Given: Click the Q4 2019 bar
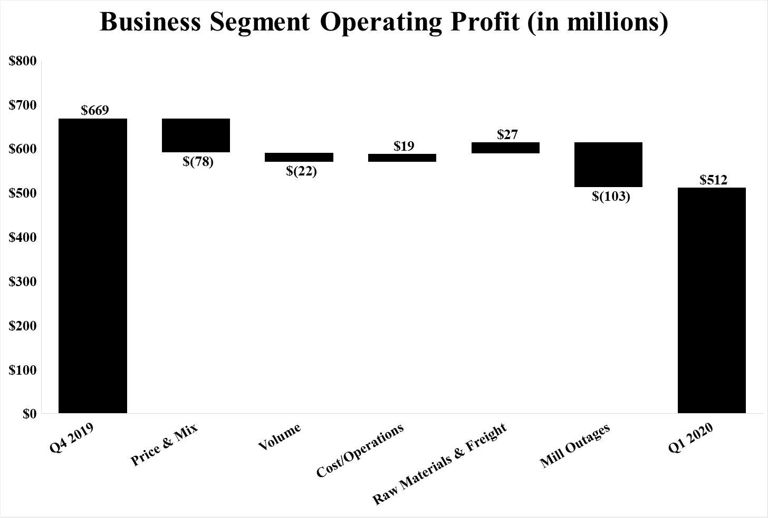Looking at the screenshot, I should [93, 266].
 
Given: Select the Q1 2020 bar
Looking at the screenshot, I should [712, 300].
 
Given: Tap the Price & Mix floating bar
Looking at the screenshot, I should [196, 135].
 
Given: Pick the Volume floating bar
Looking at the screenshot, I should [299, 157].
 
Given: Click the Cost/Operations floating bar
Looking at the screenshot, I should [402, 158].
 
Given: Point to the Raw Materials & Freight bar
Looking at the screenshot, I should [505, 148].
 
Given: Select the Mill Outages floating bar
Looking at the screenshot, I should [608, 164].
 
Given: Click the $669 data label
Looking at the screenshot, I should [95, 111].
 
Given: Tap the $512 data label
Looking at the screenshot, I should [713, 180].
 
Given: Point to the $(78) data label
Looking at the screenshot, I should [198, 161].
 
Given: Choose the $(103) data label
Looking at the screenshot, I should [611, 197].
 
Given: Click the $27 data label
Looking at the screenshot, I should [507, 134].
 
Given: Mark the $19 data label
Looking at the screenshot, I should [404, 146].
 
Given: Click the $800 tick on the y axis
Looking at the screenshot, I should [23, 61].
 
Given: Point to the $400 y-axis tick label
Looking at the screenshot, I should [23, 238].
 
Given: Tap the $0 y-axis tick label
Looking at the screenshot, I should [30, 414].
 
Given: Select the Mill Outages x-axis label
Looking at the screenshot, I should [575, 446].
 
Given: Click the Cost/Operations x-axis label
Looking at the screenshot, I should [360, 451].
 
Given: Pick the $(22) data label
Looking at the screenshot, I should [301, 171].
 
